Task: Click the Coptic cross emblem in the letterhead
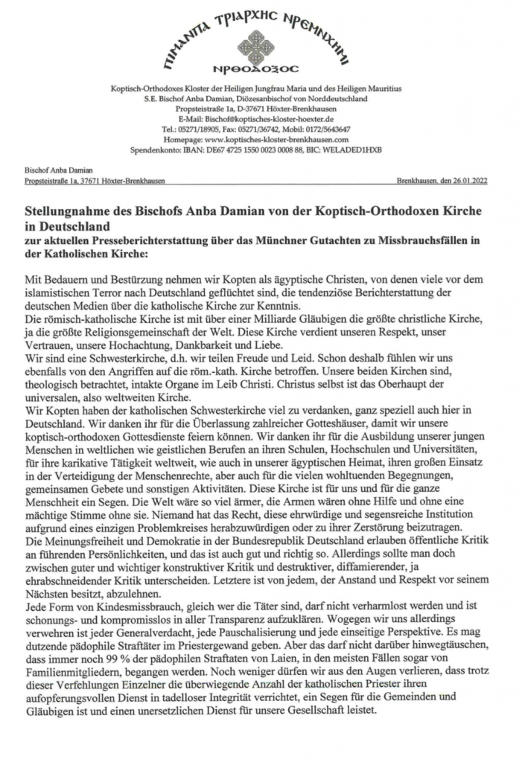(x=262, y=45)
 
